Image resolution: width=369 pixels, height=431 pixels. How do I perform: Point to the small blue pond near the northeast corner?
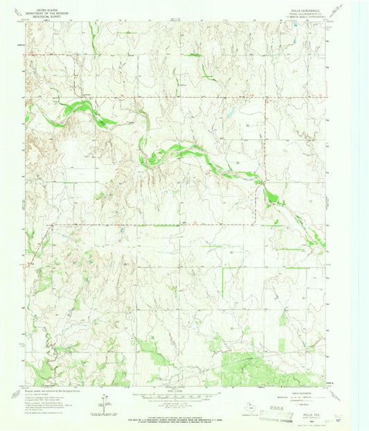[296, 26]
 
